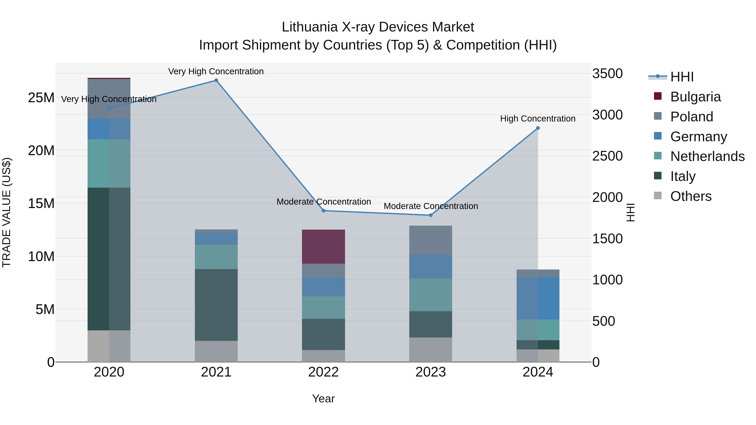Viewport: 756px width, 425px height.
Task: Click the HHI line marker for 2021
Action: (216, 80)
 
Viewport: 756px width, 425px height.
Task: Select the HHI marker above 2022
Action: (323, 211)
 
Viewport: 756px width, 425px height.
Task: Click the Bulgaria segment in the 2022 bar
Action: (323, 246)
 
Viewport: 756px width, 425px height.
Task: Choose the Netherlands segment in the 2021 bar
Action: (216, 257)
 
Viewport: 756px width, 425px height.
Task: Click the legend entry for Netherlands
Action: (707, 156)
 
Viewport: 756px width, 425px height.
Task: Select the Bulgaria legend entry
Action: (695, 97)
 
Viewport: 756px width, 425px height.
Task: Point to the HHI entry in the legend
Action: (682, 77)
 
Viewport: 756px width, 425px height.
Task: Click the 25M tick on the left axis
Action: (41, 98)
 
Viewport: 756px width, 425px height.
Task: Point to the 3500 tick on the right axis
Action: (607, 74)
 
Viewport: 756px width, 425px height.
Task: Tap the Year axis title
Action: (323, 399)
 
